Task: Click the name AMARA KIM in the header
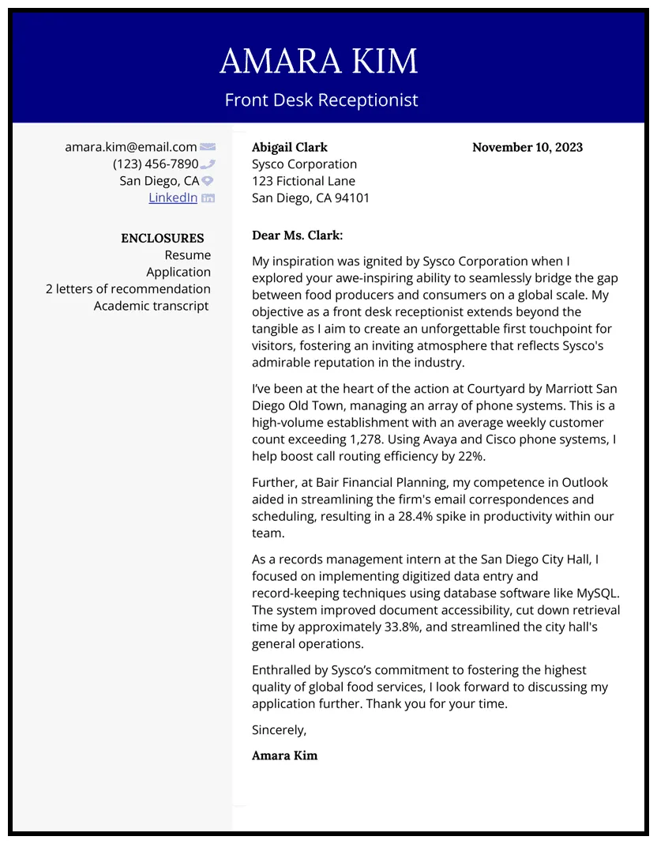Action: click(x=318, y=62)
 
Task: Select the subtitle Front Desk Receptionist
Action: click(x=321, y=100)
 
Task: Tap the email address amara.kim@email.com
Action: click(x=130, y=147)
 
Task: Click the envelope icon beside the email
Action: click(x=208, y=147)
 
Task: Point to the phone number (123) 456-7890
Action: click(x=156, y=164)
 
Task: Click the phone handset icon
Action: click(x=208, y=164)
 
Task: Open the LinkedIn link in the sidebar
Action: click(x=173, y=198)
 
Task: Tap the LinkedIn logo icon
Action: click(x=208, y=198)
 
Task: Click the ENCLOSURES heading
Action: click(x=162, y=238)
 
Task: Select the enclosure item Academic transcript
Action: click(x=151, y=306)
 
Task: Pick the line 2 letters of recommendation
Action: click(x=128, y=289)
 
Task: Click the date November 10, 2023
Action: click(x=527, y=147)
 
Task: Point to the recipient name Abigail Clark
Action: click(x=289, y=147)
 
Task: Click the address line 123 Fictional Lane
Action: click(x=303, y=181)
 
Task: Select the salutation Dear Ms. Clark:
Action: click(x=297, y=235)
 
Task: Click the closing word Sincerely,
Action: click(x=279, y=729)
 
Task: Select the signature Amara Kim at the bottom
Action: click(x=284, y=755)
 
